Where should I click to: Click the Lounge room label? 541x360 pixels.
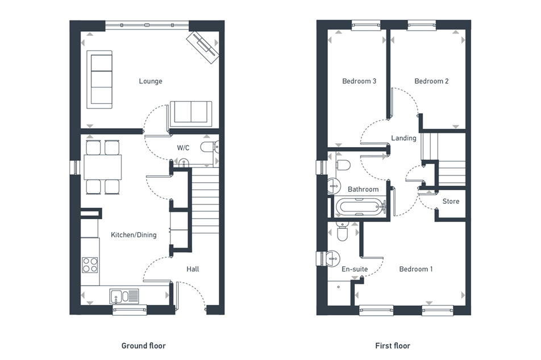[x=151, y=81]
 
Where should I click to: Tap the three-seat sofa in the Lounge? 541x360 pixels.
[x=99, y=79]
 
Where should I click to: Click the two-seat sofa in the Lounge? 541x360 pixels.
[x=190, y=112]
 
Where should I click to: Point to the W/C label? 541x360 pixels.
[x=183, y=148]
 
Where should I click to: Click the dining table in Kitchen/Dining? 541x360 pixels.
[x=103, y=167]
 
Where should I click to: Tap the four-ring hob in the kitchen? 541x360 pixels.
[x=90, y=265]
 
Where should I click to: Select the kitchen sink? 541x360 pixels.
[x=125, y=296]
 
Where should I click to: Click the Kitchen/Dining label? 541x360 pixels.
[x=134, y=235]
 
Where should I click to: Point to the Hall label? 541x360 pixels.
[x=193, y=269]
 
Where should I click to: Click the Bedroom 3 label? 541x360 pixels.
[x=359, y=81]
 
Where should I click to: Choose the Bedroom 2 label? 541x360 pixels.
[x=431, y=81]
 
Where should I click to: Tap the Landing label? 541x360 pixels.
[x=403, y=138]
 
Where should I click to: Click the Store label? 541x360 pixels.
[x=451, y=202]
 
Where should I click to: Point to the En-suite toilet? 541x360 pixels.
[x=342, y=233]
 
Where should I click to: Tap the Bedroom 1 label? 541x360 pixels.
[x=415, y=269]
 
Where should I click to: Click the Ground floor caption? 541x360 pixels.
[x=144, y=345]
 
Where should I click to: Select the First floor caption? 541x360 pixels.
[x=393, y=345]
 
